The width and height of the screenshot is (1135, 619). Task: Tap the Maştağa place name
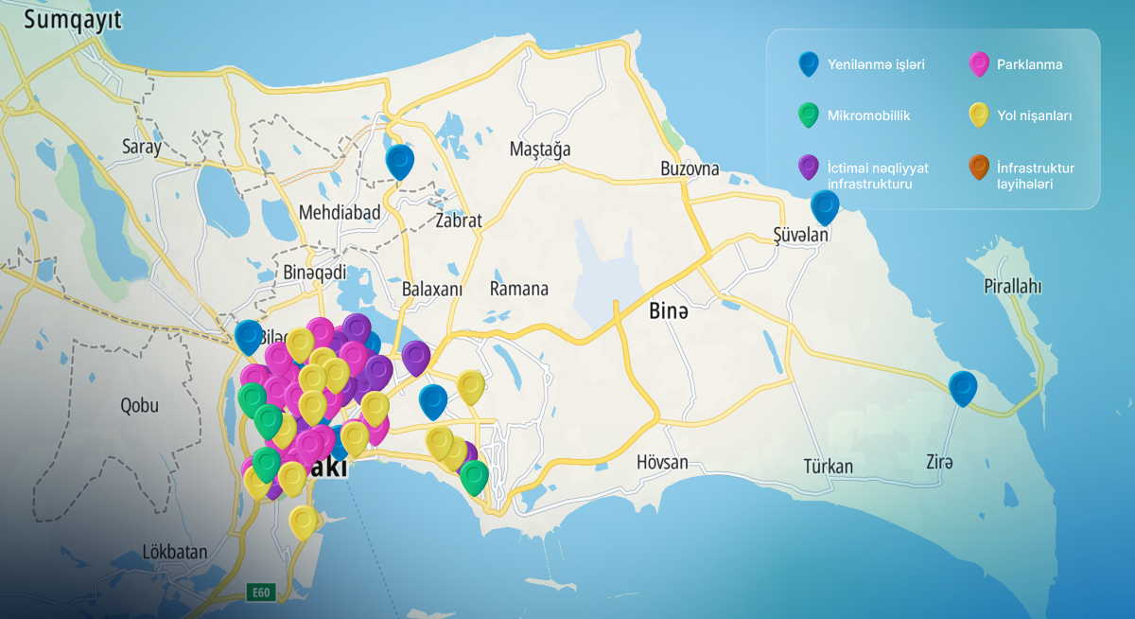pos(540,150)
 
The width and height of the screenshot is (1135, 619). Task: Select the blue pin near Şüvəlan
pos(826,207)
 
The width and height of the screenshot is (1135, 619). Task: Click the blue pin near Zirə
pos(963,388)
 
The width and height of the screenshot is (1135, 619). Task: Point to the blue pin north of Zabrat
pos(400,161)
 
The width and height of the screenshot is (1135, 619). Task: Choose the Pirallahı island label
pos(1013,286)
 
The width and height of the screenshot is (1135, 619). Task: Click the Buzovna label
pos(690,169)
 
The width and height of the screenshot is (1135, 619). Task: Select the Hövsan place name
pos(662,463)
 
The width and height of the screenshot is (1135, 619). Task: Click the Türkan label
pos(828,466)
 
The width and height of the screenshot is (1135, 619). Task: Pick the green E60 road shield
pos(260,593)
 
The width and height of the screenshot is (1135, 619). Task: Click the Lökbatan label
pos(174,552)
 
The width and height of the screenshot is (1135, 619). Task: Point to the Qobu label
pos(139,406)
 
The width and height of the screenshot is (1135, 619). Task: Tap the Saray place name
pos(142,147)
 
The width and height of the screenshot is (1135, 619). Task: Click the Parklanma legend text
pos(1029,65)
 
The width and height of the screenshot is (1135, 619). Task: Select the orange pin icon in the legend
pos(979,168)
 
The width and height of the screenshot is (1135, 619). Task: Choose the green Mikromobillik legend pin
pos(808,115)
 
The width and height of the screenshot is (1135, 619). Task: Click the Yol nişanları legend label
pos(1034,115)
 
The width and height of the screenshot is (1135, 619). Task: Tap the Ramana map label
pos(519,289)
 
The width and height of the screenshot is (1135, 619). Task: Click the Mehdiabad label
pos(340,213)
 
